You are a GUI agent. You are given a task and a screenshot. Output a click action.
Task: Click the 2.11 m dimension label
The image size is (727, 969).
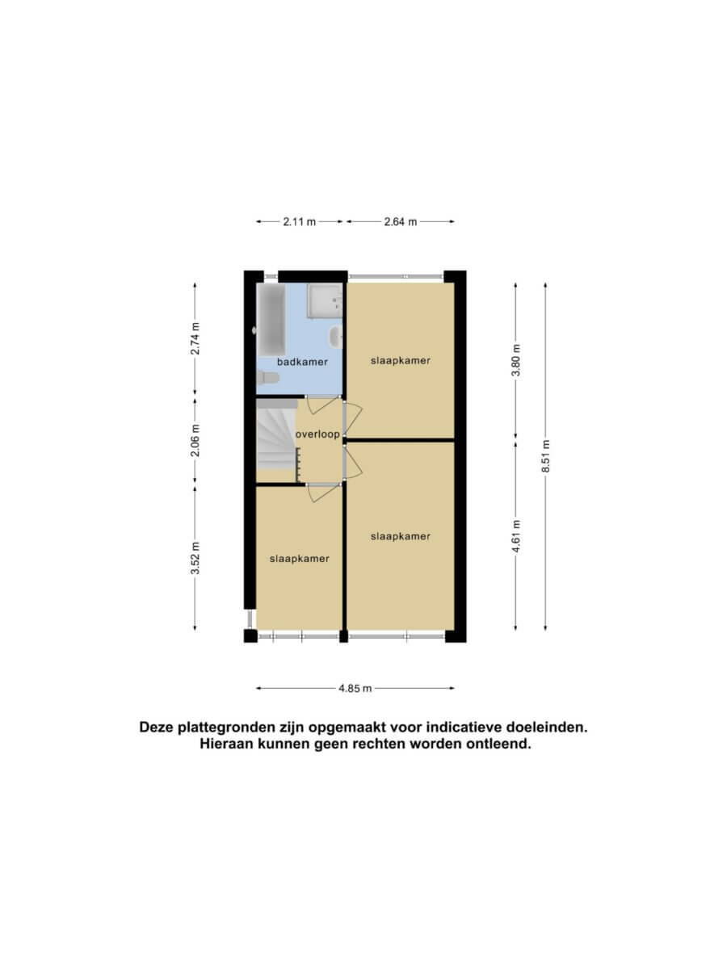click(299, 221)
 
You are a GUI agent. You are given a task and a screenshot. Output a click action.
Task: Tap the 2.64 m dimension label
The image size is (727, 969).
click(401, 221)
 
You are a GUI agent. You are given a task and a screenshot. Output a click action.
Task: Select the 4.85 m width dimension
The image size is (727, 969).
click(355, 688)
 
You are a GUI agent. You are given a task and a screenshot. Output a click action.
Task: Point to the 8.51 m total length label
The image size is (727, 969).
click(545, 456)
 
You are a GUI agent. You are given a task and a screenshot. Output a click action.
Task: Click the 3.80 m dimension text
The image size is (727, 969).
click(515, 360)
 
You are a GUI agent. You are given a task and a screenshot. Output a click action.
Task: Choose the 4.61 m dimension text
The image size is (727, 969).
click(515, 536)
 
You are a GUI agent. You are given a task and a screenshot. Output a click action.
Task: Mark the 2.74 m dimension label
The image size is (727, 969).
click(195, 338)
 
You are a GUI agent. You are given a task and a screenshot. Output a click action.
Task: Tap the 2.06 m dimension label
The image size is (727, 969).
click(195, 440)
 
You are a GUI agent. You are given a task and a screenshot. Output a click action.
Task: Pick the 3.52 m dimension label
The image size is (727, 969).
click(195, 558)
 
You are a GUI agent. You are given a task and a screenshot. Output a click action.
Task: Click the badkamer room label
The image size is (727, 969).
click(302, 362)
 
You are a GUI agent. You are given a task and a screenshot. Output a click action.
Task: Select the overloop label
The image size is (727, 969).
click(317, 434)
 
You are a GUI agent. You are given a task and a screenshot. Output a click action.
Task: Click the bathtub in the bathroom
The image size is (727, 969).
click(271, 320)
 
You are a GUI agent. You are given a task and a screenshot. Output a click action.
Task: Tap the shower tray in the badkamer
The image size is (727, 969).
click(325, 300)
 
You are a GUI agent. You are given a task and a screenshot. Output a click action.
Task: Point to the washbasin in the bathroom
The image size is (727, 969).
click(335, 337)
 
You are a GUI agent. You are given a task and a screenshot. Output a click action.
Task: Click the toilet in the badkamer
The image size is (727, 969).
click(268, 378)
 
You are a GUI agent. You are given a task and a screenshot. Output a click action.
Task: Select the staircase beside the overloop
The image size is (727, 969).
click(276, 439)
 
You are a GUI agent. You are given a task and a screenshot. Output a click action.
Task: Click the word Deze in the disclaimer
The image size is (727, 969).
click(158, 728)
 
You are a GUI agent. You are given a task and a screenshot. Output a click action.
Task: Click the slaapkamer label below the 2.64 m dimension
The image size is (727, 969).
click(401, 361)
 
